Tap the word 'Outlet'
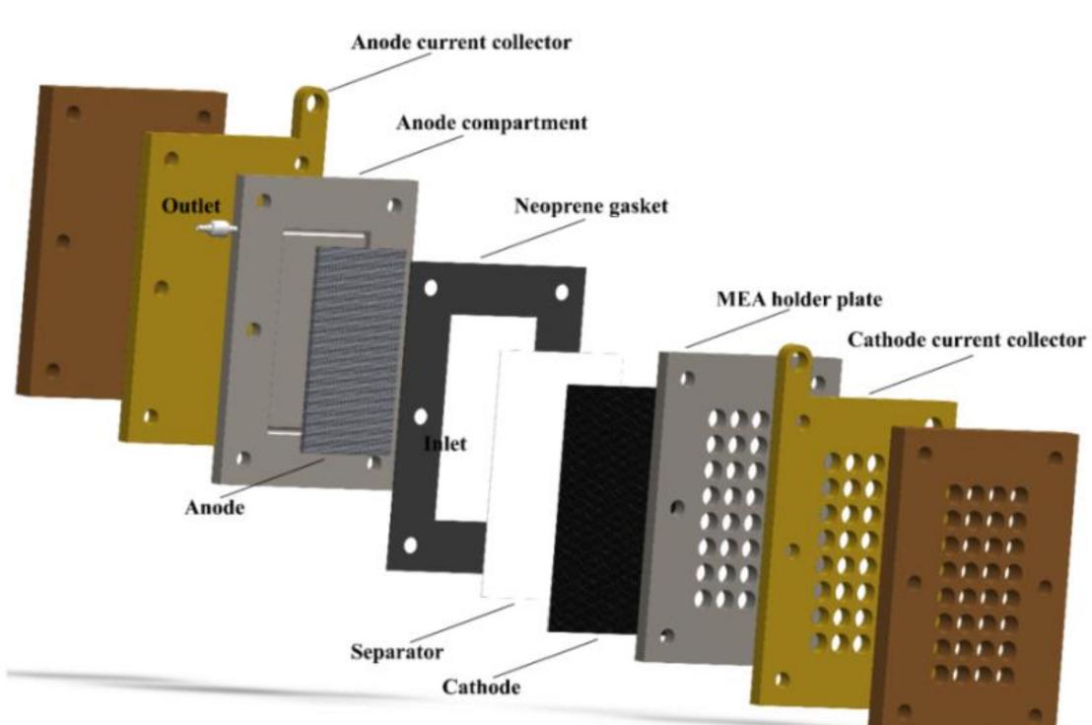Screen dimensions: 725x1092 pyautogui.click(x=191, y=208)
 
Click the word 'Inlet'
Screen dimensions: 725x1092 pyautogui.click(x=444, y=444)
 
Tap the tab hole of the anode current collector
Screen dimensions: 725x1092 pyautogui.click(x=312, y=102)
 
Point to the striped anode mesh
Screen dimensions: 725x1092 pyautogui.click(x=355, y=345)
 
